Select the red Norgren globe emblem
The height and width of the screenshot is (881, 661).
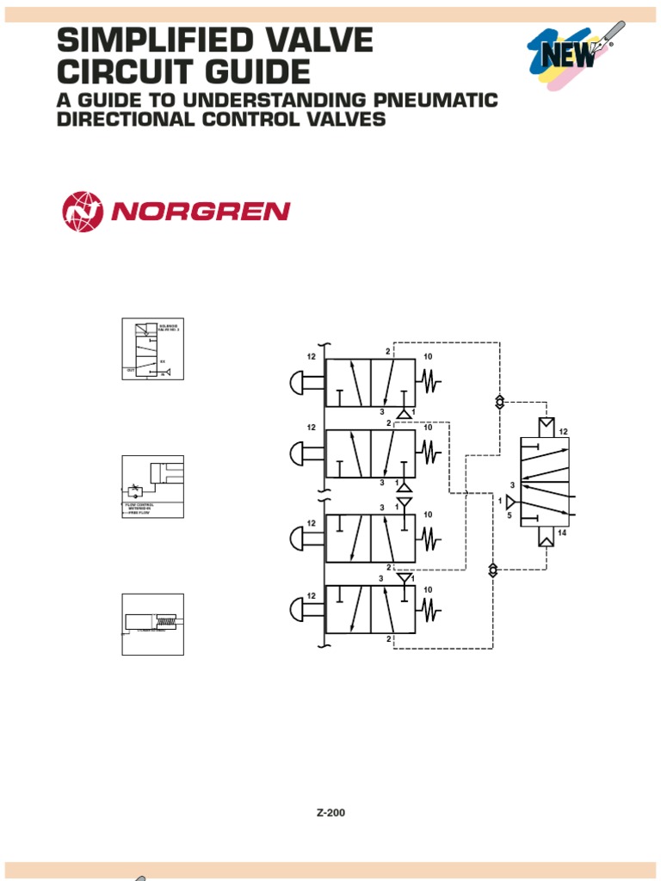click(x=82, y=212)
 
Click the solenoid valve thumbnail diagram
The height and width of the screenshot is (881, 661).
click(x=152, y=349)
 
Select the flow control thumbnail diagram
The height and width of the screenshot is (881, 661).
click(x=152, y=486)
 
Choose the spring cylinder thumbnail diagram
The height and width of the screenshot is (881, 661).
click(x=152, y=624)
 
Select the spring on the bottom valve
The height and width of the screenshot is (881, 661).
click(x=428, y=610)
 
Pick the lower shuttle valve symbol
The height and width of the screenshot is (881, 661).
click(x=492, y=569)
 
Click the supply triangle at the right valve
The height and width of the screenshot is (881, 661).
click(x=511, y=501)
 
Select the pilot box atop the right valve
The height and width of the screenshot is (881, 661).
click(x=545, y=427)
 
